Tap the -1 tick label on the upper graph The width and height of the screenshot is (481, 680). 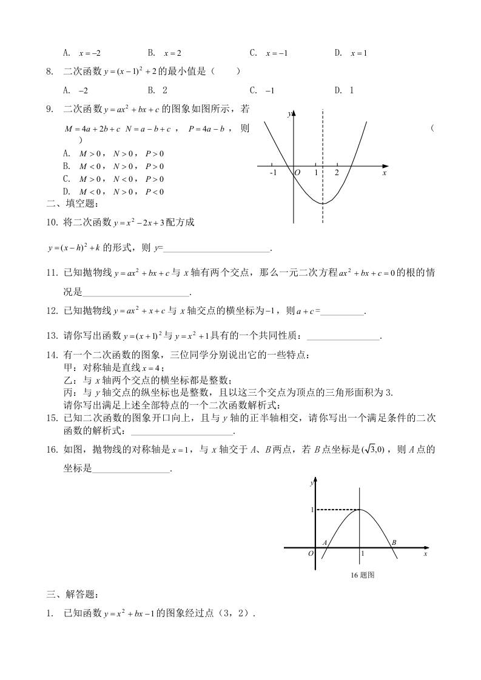[x=272, y=173]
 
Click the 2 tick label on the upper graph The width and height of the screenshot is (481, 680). [x=337, y=173]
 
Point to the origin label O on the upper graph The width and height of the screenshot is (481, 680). [x=297, y=173]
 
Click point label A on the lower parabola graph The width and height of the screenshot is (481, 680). [x=325, y=542]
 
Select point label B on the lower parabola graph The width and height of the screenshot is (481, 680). [x=394, y=542]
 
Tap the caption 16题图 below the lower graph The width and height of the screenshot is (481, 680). [x=362, y=575]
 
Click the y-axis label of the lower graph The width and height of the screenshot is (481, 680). [x=311, y=482]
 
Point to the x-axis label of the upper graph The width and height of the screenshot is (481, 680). [x=385, y=173]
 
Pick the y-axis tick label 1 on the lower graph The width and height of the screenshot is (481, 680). [x=312, y=510]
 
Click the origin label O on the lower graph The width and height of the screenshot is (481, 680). [x=311, y=553]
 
